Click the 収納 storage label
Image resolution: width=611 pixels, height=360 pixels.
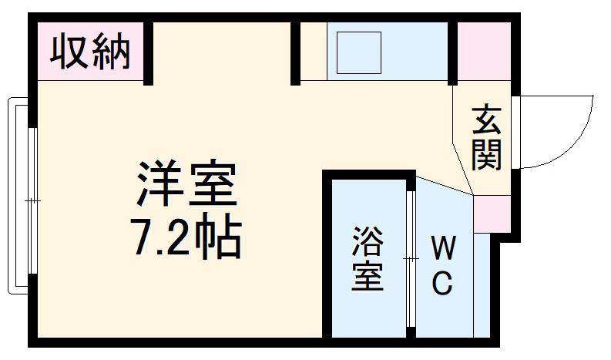tap(90, 52)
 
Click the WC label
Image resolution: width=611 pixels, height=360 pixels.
tap(441, 266)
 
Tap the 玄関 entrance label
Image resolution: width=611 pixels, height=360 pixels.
tap(487, 138)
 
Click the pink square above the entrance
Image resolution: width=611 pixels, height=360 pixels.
tap(485, 50)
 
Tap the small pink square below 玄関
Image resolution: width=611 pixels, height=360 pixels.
tap(491, 215)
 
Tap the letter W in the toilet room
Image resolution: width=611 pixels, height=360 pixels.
tap(441, 248)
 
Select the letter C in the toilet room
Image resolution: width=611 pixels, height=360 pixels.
tap(441, 284)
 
